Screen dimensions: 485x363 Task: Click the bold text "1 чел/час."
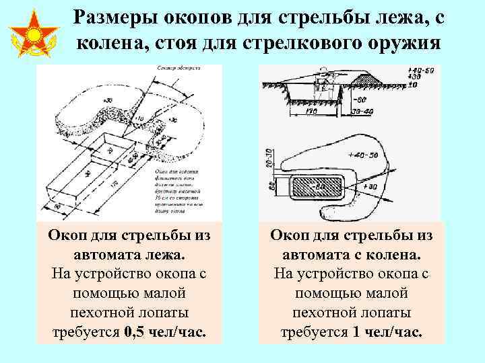tap(388, 332)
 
